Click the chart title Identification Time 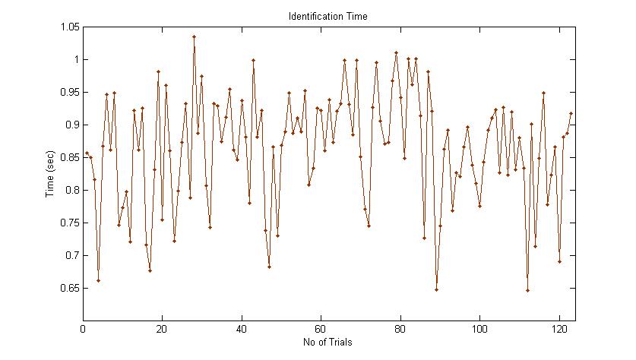(328, 16)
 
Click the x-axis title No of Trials (328, 343)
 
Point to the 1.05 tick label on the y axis (68, 27)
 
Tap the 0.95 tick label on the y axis (68, 93)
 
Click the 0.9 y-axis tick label (71, 125)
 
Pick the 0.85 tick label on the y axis (68, 158)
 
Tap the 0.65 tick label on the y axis (68, 289)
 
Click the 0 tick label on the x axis (83, 330)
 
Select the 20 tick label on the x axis (162, 330)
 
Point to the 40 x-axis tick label (242, 330)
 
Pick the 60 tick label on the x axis (321, 330)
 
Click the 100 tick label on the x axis (479, 330)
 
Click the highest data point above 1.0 (194, 36)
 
